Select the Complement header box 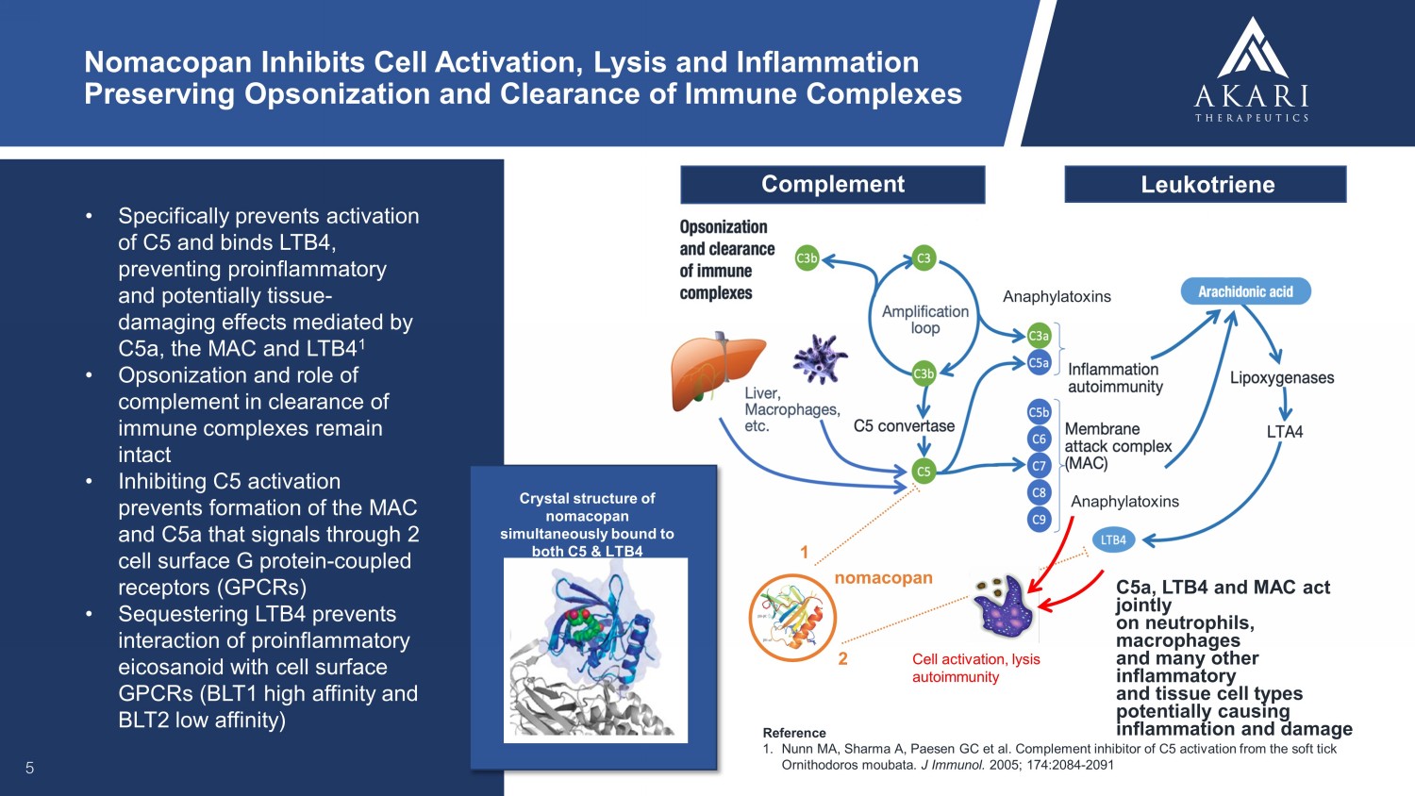click(x=832, y=185)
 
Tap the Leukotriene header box click(x=1206, y=185)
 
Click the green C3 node click(x=924, y=257)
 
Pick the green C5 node click(x=924, y=472)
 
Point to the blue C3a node click(x=1039, y=336)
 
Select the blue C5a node click(x=1039, y=363)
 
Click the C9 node click(x=1039, y=519)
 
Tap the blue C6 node click(x=1039, y=439)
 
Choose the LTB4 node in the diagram click(x=1113, y=540)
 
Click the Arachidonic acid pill click(x=1245, y=291)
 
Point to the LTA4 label click(x=1284, y=432)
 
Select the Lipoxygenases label click(x=1282, y=378)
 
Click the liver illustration click(x=715, y=371)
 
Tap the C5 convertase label click(x=904, y=426)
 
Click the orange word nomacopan click(x=883, y=578)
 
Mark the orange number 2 click(x=842, y=658)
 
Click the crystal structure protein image click(x=594, y=651)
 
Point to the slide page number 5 click(x=29, y=768)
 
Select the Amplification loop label click(x=925, y=320)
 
